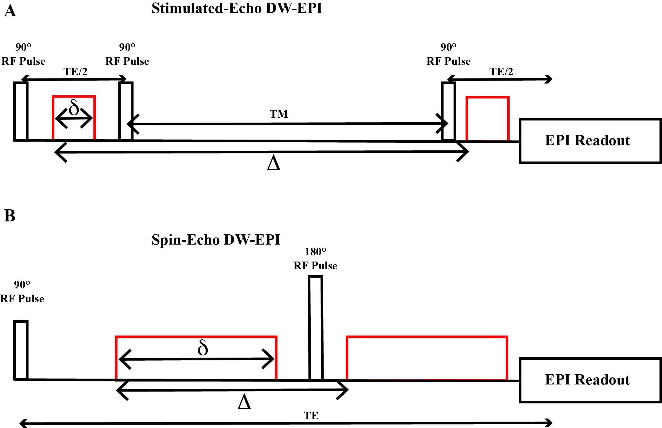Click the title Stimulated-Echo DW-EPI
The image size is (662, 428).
pyautogui.click(x=237, y=8)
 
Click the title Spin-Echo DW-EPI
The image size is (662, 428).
pyautogui.click(x=216, y=240)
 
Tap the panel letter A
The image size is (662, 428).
pyautogui.click(x=10, y=11)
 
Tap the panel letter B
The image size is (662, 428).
pyautogui.click(x=10, y=216)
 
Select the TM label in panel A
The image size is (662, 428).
pyautogui.click(x=279, y=114)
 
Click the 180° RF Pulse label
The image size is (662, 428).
pyautogui.click(x=315, y=259)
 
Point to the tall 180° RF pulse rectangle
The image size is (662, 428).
pyautogui.click(x=316, y=327)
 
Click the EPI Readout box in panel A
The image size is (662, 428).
pyautogui.click(x=590, y=141)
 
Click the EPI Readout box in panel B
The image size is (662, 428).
pyautogui.click(x=590, y=380)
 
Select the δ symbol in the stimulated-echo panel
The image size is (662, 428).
pyautogui.click(x=74, y=108)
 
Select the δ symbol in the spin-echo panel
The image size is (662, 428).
pyautogui.click(x=203, y=348)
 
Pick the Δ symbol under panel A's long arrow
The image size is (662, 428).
pyautogui.click(x=274, y=163)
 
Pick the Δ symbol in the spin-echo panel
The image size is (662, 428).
pyautogui.click(x=244, y=402)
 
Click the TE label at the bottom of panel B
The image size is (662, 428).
pyautogui.click(x=311, y=416)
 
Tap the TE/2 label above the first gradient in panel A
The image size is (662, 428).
pyautogui.click(x=75, y=72)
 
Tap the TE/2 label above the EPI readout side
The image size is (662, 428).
pyautogui.click(x=501, y=72)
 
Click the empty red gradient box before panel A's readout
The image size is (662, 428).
pyautogui.click(x=487, y=119)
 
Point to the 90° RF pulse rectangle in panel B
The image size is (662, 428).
pyautogui.click(x=21, y=350)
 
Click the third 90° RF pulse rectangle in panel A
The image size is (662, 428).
pyautogui.click(x=449, y=111)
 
